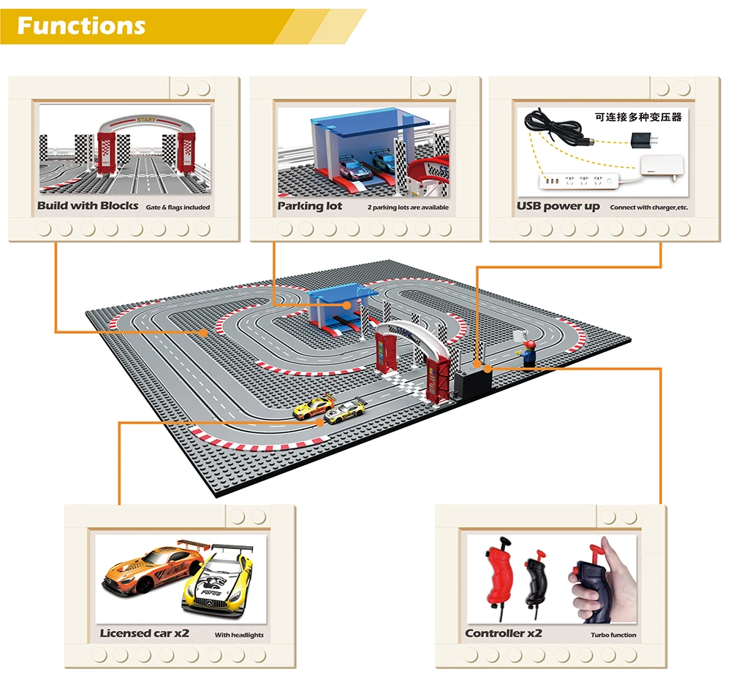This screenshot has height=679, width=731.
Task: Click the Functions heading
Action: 81,26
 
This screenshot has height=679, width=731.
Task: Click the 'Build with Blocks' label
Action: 88,206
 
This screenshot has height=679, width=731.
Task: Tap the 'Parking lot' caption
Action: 310,206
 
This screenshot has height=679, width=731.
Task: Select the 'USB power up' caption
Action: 558,206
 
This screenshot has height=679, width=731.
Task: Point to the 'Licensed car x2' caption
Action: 145,634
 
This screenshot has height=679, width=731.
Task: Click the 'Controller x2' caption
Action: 504,634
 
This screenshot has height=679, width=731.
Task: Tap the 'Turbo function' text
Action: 613,635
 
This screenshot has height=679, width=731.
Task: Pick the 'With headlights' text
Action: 239,635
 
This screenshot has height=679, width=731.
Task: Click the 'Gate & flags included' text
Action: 178,207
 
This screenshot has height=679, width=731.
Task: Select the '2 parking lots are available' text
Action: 408,207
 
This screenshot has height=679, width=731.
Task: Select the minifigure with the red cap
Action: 529,351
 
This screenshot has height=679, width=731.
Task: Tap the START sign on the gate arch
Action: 146,119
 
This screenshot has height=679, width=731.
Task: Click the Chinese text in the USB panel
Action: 638,117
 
